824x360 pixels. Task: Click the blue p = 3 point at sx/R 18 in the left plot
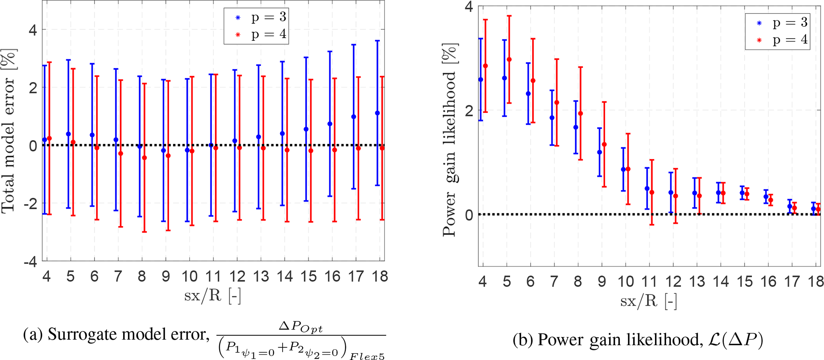pos(378,113)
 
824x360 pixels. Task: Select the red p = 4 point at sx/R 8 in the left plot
pos(144,158)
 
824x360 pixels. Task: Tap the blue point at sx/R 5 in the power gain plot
pos(504,78)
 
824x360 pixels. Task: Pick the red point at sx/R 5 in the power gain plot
pos(509,60)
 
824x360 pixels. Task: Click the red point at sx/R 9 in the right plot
pos(604,144)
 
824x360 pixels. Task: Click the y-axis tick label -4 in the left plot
pos(31,262)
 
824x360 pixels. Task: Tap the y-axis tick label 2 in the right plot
pos(469,110)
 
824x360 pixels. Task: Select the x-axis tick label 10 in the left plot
pos(189,276)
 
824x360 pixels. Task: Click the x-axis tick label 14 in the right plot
pos(721,281)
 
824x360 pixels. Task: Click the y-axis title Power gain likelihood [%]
pos(450,142)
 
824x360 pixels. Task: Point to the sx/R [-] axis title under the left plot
pos(212,296)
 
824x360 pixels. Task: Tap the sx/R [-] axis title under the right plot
pos(649,301)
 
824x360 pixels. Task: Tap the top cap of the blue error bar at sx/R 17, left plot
pos(354,45)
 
